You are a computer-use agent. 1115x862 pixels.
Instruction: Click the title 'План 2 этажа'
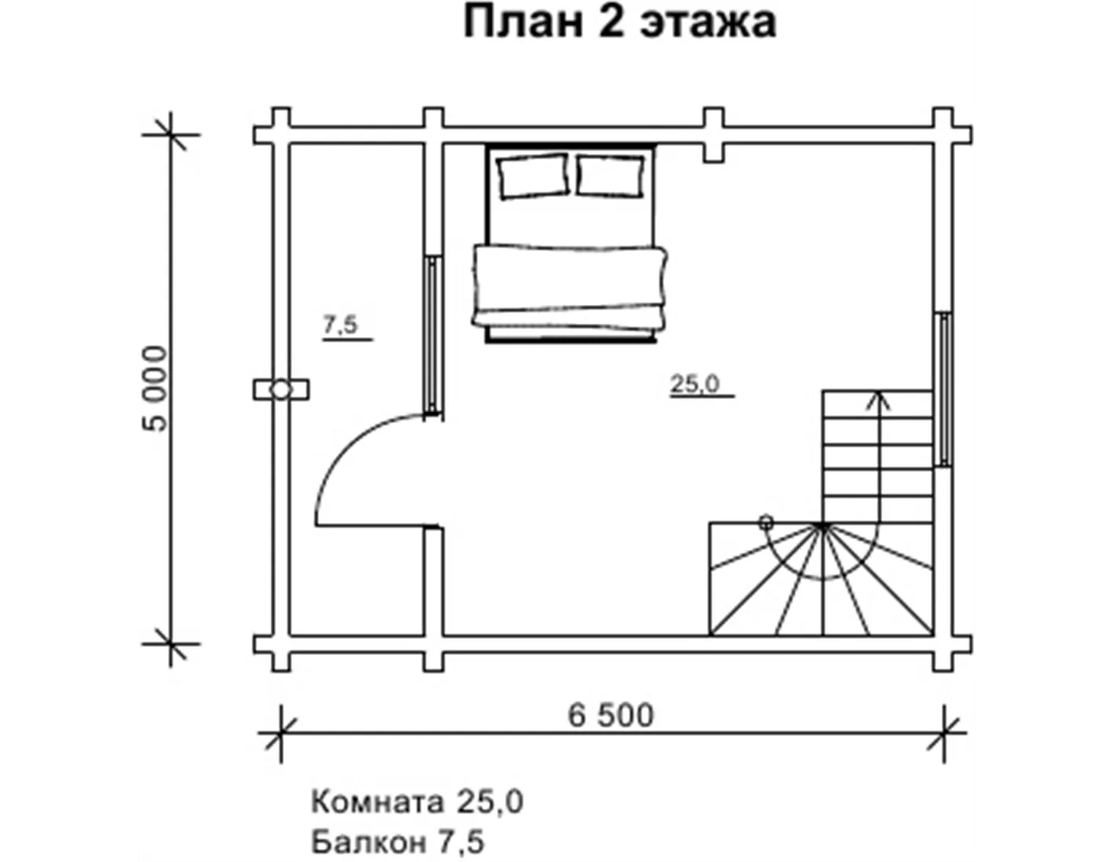pyautogui.click(x=619, y=23)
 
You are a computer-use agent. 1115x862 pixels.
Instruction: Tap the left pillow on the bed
pyautogui.click(x=534, y=176)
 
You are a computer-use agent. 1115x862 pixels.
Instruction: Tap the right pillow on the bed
pyautogui.click(x=610, y=176)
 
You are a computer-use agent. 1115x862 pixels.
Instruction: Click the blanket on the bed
pyautogui.click(x=569, y=286)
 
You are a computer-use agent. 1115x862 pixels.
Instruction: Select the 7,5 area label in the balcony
pyautogui.click(x=340, y=324)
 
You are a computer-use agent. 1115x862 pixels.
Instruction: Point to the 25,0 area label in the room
pyautogui.click(x=696, y=384)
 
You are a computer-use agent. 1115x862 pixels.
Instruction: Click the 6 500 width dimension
pyautogui.click(x=611, y=715)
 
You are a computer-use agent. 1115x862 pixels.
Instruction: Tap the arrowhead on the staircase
pyautogui.click(x=878, y=400)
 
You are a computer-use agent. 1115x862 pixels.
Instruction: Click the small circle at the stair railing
pyautogui.click(x=766, y=523)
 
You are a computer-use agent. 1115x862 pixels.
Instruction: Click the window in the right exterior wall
pyautogui.click(x=944, y=389)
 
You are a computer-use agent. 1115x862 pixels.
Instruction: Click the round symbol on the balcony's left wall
pyautogui.click(x=281, y=389)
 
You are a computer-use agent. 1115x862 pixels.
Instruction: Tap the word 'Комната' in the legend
pyautogui.click(x=377, y=802)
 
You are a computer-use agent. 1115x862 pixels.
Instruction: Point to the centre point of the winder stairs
pyautogui.click(x=823, y=526)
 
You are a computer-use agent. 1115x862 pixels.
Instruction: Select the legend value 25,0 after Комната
pyautogui.click(x=489, y=802)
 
